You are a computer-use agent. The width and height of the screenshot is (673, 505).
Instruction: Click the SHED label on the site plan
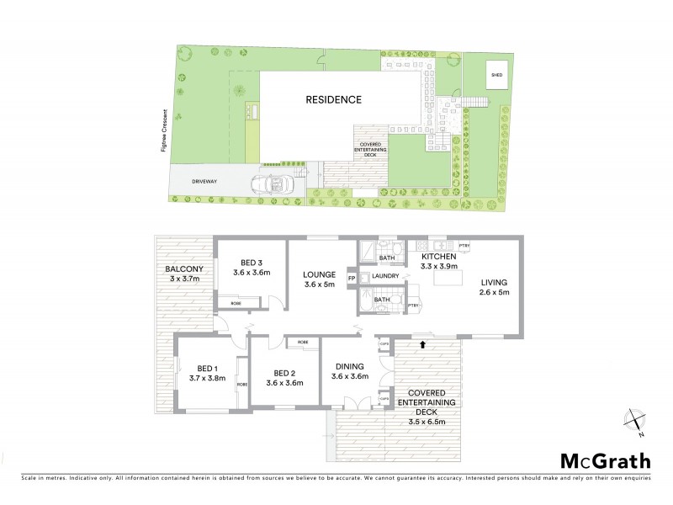point(497,74)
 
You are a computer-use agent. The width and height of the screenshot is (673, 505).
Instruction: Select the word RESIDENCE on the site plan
point(333,100)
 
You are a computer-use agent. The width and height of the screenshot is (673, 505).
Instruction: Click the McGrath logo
point(605,460)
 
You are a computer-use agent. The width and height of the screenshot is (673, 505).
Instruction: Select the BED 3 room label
point(252,261)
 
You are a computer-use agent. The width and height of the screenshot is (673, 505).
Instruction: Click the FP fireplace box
point(352,277)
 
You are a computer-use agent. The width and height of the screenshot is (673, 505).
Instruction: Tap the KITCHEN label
point(438,256)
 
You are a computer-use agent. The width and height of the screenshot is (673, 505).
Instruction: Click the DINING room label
point(348,366)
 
